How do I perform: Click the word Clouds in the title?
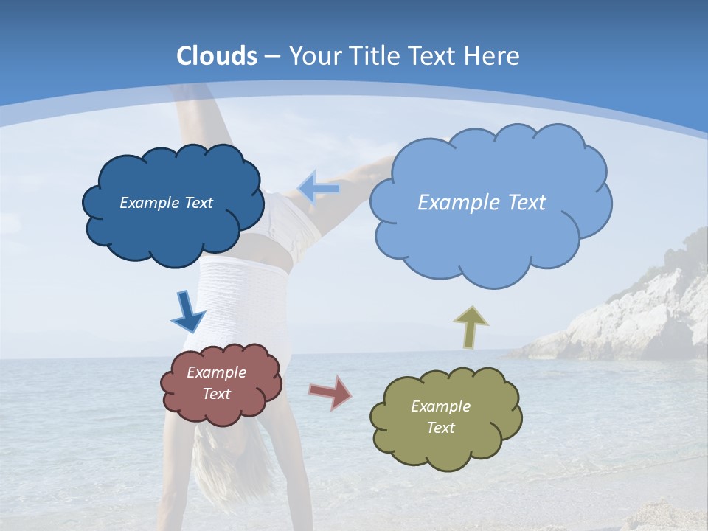coord(217,56)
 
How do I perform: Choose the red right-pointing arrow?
coord(331,392)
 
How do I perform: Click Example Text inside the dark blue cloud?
coord(166,203)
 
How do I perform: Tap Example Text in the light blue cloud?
coord(482,203)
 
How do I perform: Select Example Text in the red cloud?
coord(217,383)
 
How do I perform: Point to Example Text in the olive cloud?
coord(440,417)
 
